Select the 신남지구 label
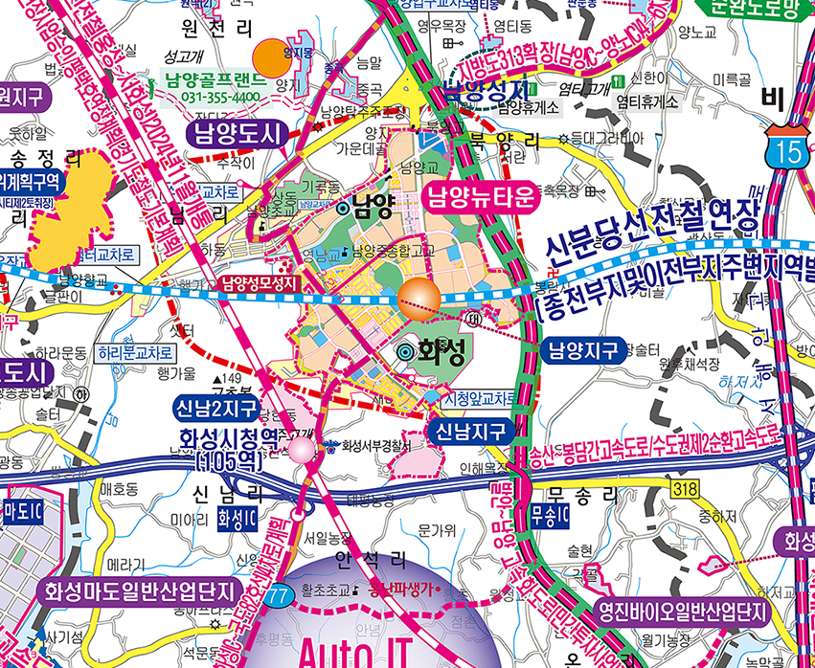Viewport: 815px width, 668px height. [x=470, y=432]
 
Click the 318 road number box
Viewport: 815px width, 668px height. [x=684, y=490]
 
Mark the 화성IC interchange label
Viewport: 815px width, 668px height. [x=237, y=519]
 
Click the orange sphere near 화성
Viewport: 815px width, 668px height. [x=419, y=300]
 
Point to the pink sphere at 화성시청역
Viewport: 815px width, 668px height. [x=302, y=449]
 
